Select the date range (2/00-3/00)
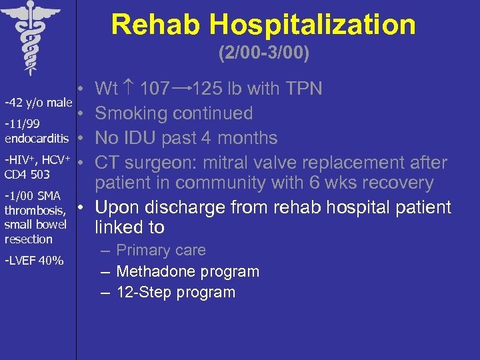pyautogui.click(x=263, y=53)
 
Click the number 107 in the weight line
pyautogui.click(x=155, y=89)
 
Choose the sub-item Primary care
pyautogui.click(x=161, y=251)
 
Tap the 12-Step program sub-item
pyautogui.click(x=175, y=292)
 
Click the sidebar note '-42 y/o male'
pyautogui.click(x=38, y=103)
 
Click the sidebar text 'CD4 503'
pyautogui.click(x=27, y=175)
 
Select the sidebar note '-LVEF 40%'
pyautogui.click(x=34, y=260)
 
